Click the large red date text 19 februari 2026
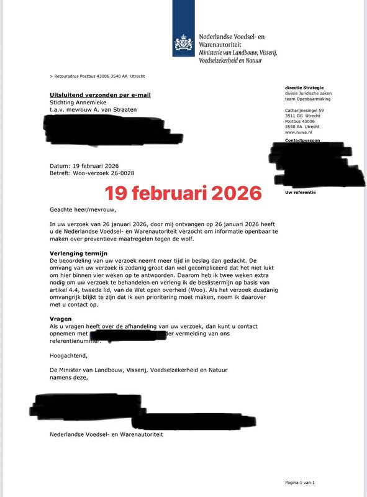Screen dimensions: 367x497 click(x=183, y=193)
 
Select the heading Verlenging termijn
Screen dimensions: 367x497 click(x=79, y=253)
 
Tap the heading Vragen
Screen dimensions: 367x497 click(x=61, y=317)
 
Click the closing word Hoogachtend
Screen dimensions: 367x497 click(x=69, y=356)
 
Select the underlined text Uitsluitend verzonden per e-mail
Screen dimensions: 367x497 click(x=100, y=95)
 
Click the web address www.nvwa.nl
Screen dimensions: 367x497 click(x=298, y=132)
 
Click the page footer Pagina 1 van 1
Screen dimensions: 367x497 click(x=300, y=483)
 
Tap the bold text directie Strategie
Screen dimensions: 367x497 click(x=304, y=88)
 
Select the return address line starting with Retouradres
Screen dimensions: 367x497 click(x=97, y=76)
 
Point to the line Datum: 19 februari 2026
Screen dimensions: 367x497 click(x=84, y=166)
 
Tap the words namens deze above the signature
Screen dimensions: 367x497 click(x=65, y=376)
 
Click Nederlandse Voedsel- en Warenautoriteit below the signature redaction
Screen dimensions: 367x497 click(x=106, y=434)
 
